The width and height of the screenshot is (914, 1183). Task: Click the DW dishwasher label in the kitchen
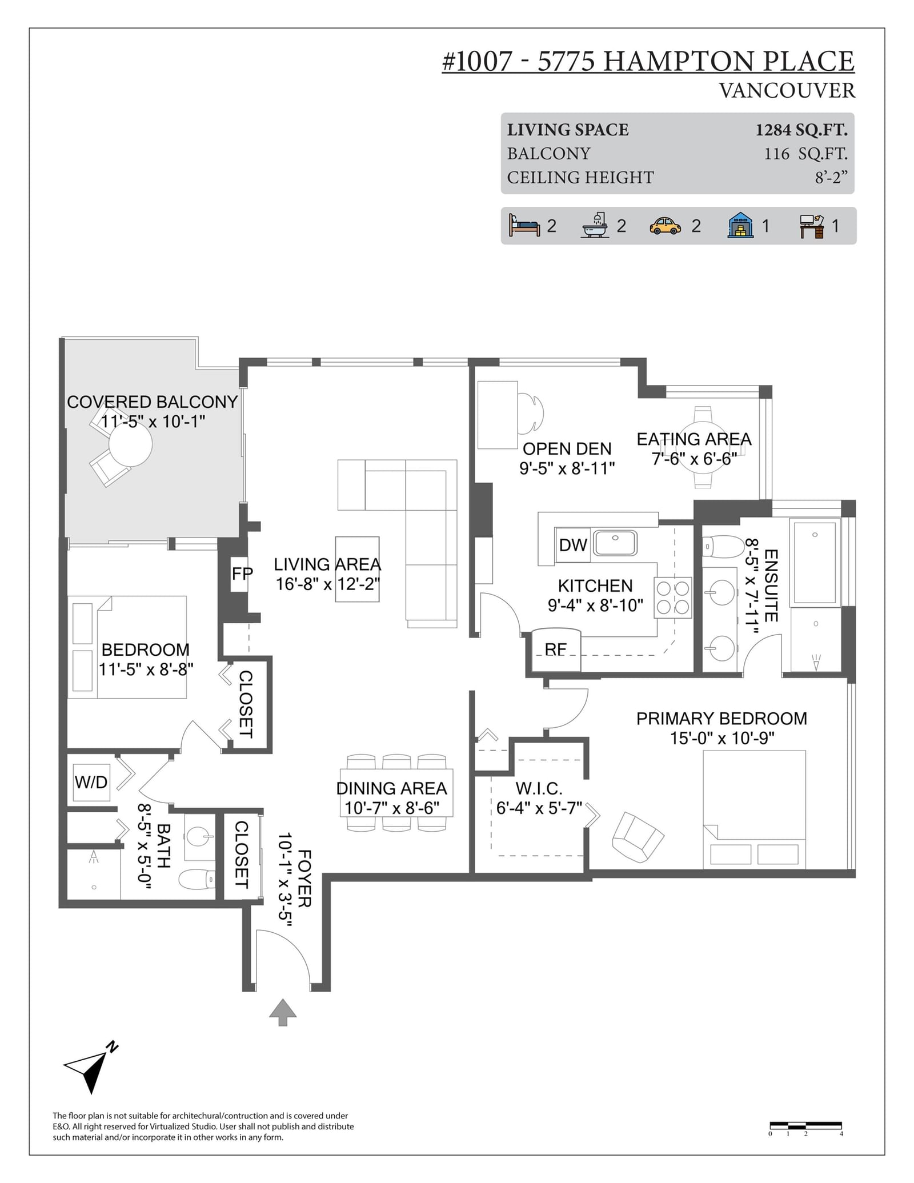572,545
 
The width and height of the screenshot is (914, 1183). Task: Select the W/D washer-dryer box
91,782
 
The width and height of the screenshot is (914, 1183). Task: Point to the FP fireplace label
242,574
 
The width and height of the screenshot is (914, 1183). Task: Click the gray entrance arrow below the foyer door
283,1012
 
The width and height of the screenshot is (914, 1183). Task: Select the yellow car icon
665,226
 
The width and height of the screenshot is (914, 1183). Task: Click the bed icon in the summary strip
524,226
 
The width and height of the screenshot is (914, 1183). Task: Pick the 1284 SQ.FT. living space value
801,130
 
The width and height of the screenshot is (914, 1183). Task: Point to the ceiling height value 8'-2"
831,178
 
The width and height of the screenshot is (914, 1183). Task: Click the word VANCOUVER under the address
787,91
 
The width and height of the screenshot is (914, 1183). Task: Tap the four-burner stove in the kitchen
673,597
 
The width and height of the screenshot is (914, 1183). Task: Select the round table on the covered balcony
131,444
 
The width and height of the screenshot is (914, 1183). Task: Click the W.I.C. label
539,789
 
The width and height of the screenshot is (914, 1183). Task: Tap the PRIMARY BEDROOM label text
721,719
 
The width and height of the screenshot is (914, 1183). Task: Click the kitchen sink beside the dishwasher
615,543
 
